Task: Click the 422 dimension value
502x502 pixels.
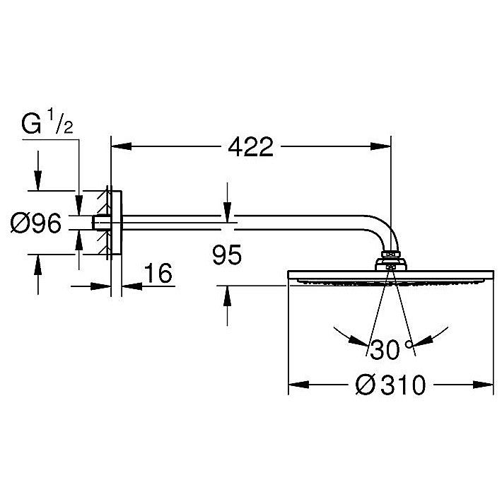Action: click(251, 147)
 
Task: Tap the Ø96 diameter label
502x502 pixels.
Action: click(35, 223)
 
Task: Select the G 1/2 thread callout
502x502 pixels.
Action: click(47, 122)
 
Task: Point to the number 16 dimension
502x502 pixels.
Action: click(158, 273)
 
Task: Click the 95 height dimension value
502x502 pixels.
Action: click(227, 255)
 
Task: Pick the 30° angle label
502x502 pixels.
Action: click(391, 349)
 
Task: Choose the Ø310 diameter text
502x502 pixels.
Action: click(390, 385)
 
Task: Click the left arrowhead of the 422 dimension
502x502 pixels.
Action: click(122, 146)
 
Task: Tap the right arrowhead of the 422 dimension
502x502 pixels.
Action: click(380, 146)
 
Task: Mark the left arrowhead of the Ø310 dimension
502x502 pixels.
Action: click(298, 385)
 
